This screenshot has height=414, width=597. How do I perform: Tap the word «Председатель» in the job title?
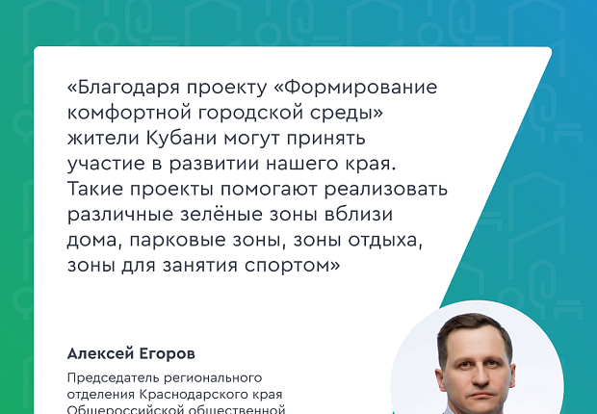pos(113,377)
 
